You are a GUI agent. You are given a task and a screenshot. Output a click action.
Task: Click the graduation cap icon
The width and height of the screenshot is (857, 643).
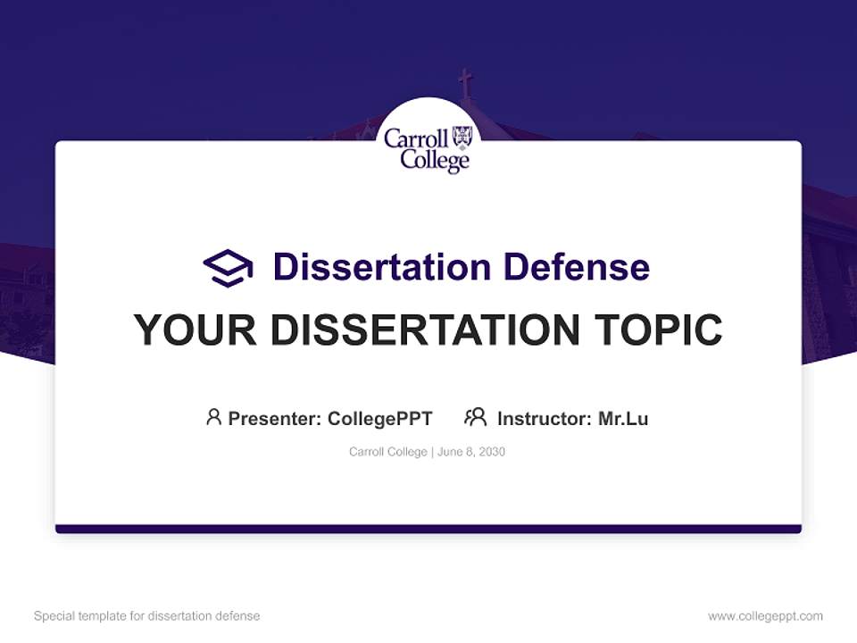click(228, 268)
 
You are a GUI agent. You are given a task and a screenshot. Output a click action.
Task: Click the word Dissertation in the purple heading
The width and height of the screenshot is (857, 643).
click(381, 267)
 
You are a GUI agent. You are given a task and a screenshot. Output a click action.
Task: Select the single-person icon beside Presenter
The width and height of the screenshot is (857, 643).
click(213, 417)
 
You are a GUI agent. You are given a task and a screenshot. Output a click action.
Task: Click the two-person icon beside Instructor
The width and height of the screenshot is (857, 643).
click(475, 417)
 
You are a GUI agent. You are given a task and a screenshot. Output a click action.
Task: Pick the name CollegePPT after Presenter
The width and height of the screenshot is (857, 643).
click(379, 419)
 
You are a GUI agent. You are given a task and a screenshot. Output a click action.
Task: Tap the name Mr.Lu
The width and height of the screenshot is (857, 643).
click(623, 419)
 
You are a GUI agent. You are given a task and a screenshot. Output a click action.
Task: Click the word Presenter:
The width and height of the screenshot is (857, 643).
click(275, 419)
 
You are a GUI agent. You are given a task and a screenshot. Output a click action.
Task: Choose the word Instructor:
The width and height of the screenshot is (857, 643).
click(544, 419)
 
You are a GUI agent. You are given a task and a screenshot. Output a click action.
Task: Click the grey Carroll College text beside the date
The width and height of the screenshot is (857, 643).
click(387, 452)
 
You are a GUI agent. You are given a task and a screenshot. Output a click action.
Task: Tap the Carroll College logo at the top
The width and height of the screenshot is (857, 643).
click(428, 147)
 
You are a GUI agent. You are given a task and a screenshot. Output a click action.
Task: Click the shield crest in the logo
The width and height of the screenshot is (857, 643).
click(462, 137)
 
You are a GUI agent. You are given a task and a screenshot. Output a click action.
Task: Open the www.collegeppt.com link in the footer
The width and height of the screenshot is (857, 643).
click(765, 616)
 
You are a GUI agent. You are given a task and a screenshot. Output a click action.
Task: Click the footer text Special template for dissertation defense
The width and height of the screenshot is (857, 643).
click(147, 616)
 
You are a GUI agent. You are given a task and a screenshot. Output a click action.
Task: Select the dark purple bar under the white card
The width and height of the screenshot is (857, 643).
click(428, 529)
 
